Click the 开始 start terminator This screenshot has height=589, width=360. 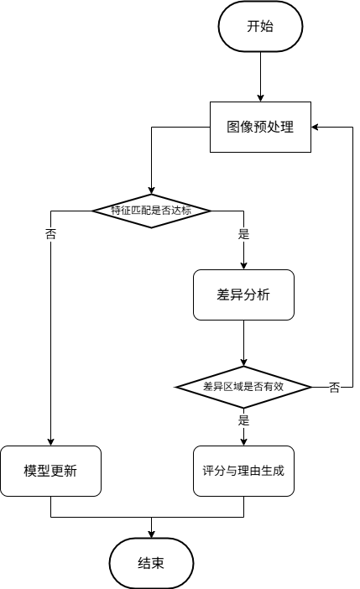(x=260, y=26)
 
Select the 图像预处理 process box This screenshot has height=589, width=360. (x=260, y=127)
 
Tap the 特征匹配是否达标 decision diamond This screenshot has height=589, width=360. (x=151, y=210)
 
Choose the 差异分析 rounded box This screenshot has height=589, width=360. (x=243, y=294)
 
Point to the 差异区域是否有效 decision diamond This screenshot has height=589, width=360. (x=243, y=387)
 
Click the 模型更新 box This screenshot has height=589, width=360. (x=51, y=471)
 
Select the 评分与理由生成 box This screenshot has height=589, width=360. (x=243, y=471)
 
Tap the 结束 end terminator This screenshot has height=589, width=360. (x=151, y=563)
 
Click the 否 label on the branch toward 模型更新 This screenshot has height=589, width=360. (x=50, y=235)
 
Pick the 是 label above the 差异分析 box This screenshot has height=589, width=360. (x=244, y=235)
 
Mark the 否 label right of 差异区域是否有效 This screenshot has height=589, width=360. (x=335, y=388)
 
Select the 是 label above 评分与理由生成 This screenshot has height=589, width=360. (x=244, y=420)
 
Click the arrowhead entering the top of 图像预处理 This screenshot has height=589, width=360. (x=260, y=96)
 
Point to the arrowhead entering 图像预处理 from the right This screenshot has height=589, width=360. (x=316, y=127)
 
